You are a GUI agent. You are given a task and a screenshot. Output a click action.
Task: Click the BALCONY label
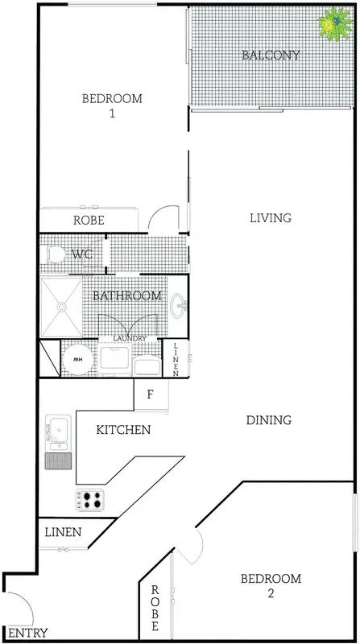pos(271,56)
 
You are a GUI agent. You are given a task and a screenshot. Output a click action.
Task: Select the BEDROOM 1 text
pos(112,105)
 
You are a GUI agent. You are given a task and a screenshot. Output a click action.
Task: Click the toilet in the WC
pos(54,255)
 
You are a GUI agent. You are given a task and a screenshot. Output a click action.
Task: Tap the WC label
pos(82,254)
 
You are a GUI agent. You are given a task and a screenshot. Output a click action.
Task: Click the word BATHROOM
pos(127,295)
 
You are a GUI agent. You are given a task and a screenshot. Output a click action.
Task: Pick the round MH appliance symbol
pos(79,359)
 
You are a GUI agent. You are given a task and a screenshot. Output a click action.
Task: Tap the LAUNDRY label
pos(130,339)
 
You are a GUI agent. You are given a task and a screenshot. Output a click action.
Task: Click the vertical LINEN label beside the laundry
pos(177,359)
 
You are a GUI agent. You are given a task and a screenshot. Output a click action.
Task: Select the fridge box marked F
pos(150,395)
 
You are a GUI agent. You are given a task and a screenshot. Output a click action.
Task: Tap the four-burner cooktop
pos(90,499)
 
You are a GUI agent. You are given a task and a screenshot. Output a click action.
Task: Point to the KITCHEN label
pos(123,430)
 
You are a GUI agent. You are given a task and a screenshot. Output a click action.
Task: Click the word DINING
pos(268,420)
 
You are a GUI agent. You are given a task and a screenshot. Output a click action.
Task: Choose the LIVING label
pos(270,218)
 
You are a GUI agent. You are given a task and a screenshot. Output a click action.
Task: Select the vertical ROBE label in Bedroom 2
pos(155,609)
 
